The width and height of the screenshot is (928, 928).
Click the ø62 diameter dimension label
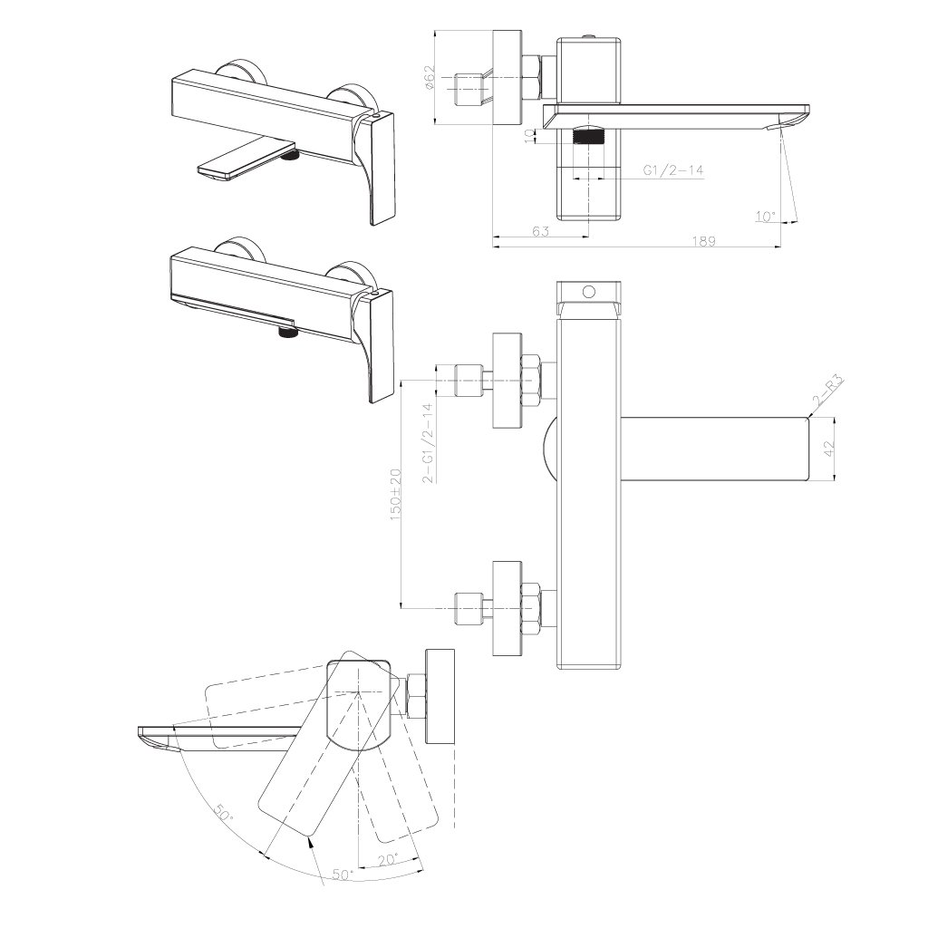[430, 77]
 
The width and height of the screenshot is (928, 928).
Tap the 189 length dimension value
[703, 241]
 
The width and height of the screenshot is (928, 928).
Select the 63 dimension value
[540, 231]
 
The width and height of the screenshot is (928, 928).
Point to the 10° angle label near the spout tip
[765, 217]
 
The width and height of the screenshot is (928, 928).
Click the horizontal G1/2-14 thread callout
[673, 170]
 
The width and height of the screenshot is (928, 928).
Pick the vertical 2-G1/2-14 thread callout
[429, 444]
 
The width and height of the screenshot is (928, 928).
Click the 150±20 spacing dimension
[395, 495]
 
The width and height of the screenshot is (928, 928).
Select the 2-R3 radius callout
[828, 391]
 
